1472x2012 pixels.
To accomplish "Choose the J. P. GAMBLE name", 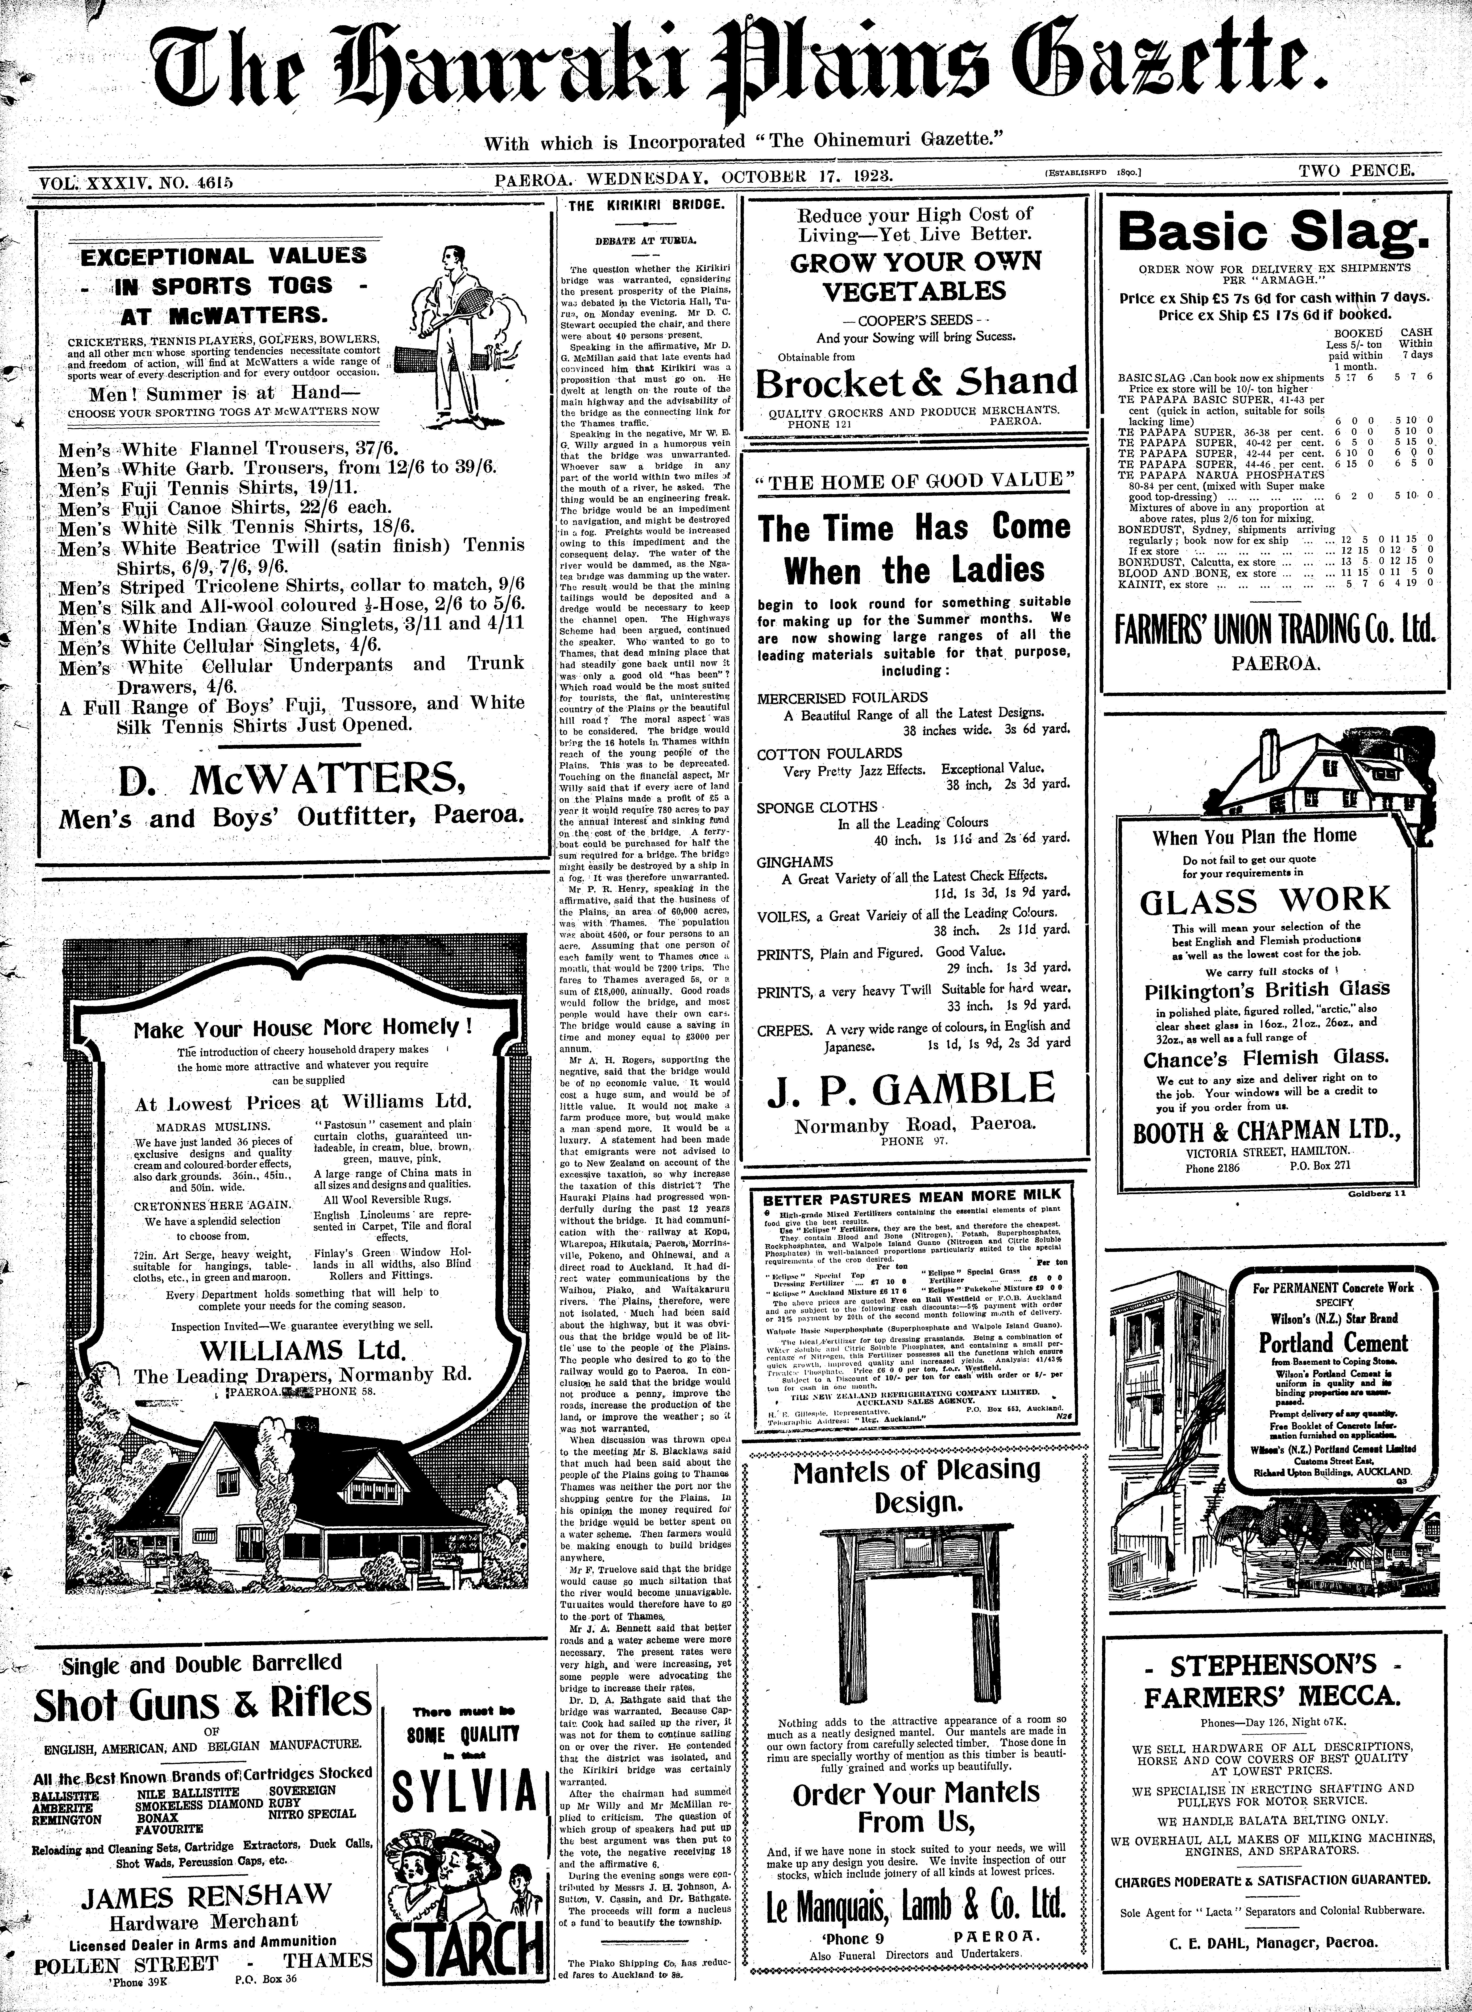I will tap(916, 1089).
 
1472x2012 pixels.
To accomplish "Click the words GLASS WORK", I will tap(1265, 898).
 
